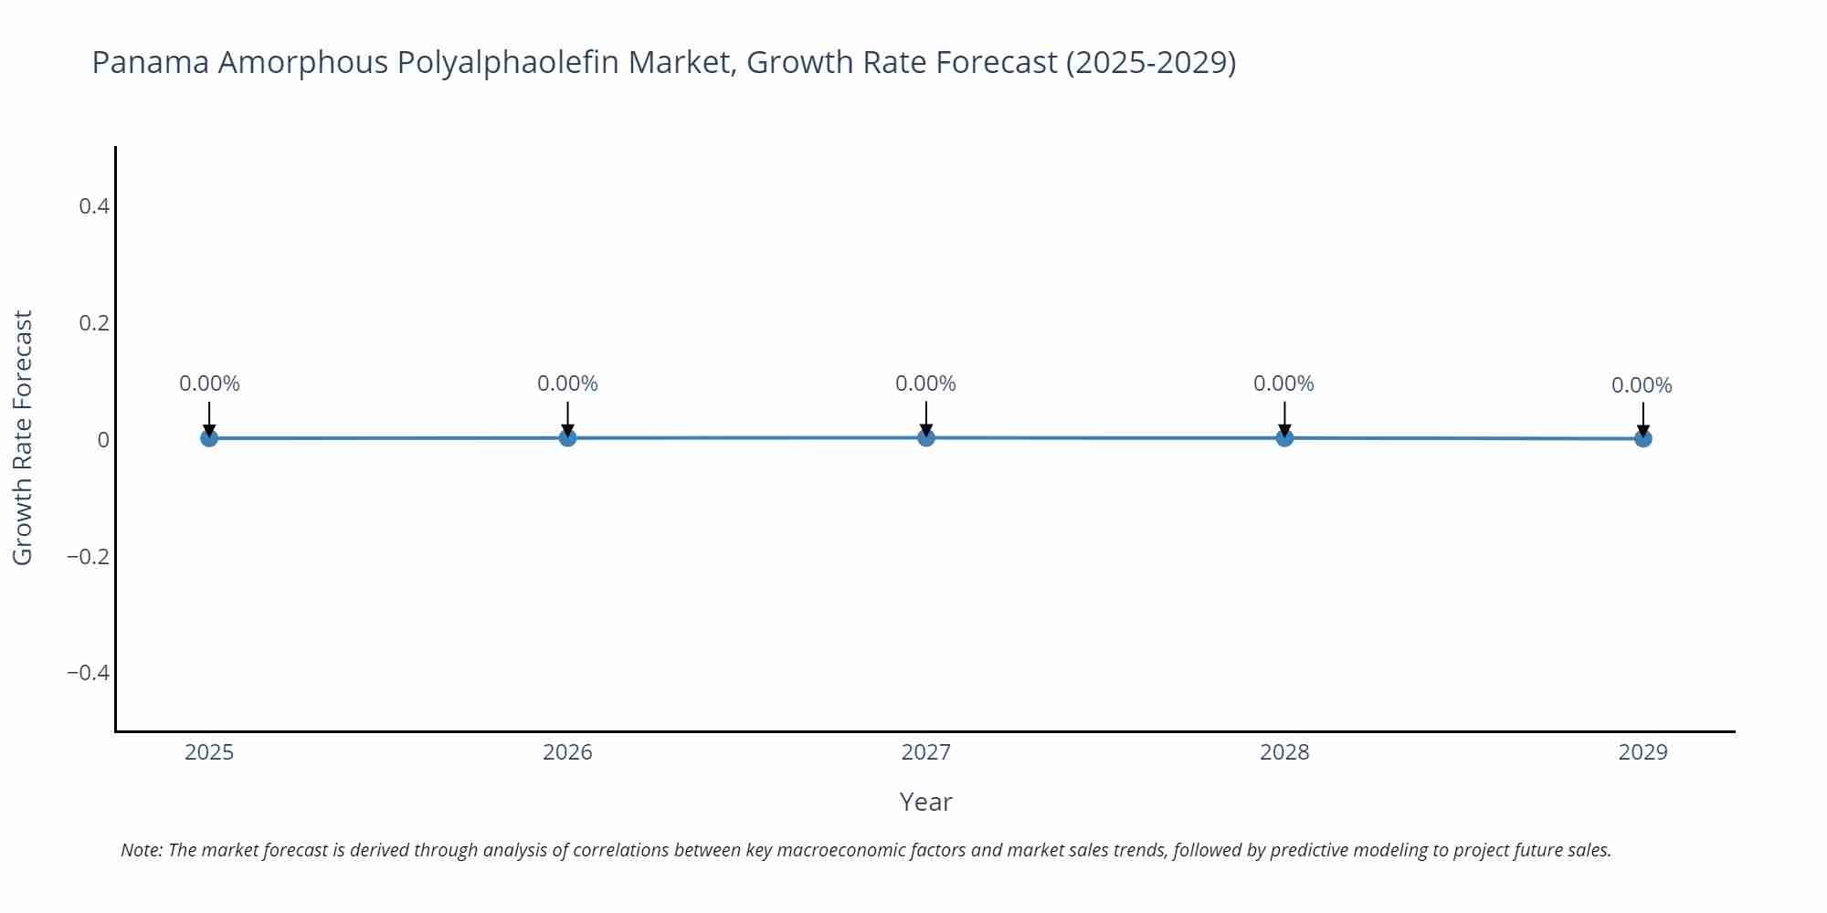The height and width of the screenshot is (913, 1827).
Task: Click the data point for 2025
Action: coord(209,438)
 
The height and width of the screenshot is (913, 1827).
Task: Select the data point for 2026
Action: coord(567,438)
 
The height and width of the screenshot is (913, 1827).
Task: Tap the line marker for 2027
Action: coord(925,438)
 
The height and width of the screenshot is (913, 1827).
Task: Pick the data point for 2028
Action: coord(1284,438)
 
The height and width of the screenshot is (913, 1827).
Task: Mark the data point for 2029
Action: coord(1642,439)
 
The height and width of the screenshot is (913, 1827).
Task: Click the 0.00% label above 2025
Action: coord(209,383)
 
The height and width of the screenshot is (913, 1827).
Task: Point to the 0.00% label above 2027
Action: coord(925,383)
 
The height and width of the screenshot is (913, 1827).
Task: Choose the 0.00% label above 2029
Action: coord(1642,385)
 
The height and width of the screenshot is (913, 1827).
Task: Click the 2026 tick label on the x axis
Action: coord(567,752)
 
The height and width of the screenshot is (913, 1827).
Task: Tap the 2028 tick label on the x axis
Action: coord(1284,752)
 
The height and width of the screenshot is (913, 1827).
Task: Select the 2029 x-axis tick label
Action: coord(1642,752)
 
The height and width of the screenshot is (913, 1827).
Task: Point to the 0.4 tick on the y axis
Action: coord(94,206)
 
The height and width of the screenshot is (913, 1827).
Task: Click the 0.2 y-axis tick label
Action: coord(94,323)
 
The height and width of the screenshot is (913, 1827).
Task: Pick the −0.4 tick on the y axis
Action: coord(88,673)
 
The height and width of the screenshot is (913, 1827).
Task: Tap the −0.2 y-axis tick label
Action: coord(88,556)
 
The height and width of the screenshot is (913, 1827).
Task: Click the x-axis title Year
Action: coord(925,802)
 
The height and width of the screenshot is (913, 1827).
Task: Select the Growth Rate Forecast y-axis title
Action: coord(23,437)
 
